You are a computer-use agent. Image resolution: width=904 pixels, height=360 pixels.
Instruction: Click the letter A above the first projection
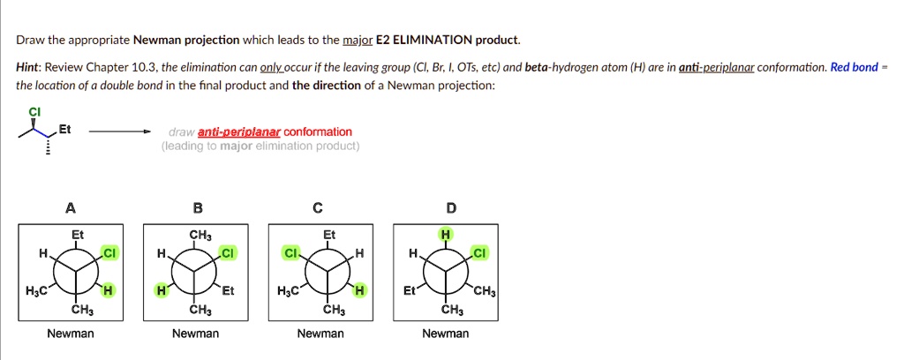pos(71,208)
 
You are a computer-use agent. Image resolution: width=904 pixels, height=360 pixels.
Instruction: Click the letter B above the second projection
pos(197,208)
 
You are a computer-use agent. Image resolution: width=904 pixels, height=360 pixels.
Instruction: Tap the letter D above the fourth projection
pos(451,208)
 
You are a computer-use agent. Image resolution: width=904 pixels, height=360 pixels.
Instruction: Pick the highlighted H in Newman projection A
pos(107,291)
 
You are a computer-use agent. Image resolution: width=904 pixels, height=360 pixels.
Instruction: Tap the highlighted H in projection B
pos(161,291)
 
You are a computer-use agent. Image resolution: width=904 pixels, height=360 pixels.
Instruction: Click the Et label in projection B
pos(230,291)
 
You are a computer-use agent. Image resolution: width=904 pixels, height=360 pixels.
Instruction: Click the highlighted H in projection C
pos(360,291)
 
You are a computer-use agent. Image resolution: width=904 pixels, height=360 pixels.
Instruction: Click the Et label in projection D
pos(409,291)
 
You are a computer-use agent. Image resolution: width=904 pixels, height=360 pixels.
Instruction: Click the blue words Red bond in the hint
pos(854,67)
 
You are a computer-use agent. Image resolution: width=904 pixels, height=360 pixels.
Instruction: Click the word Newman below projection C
pos(320,334)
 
